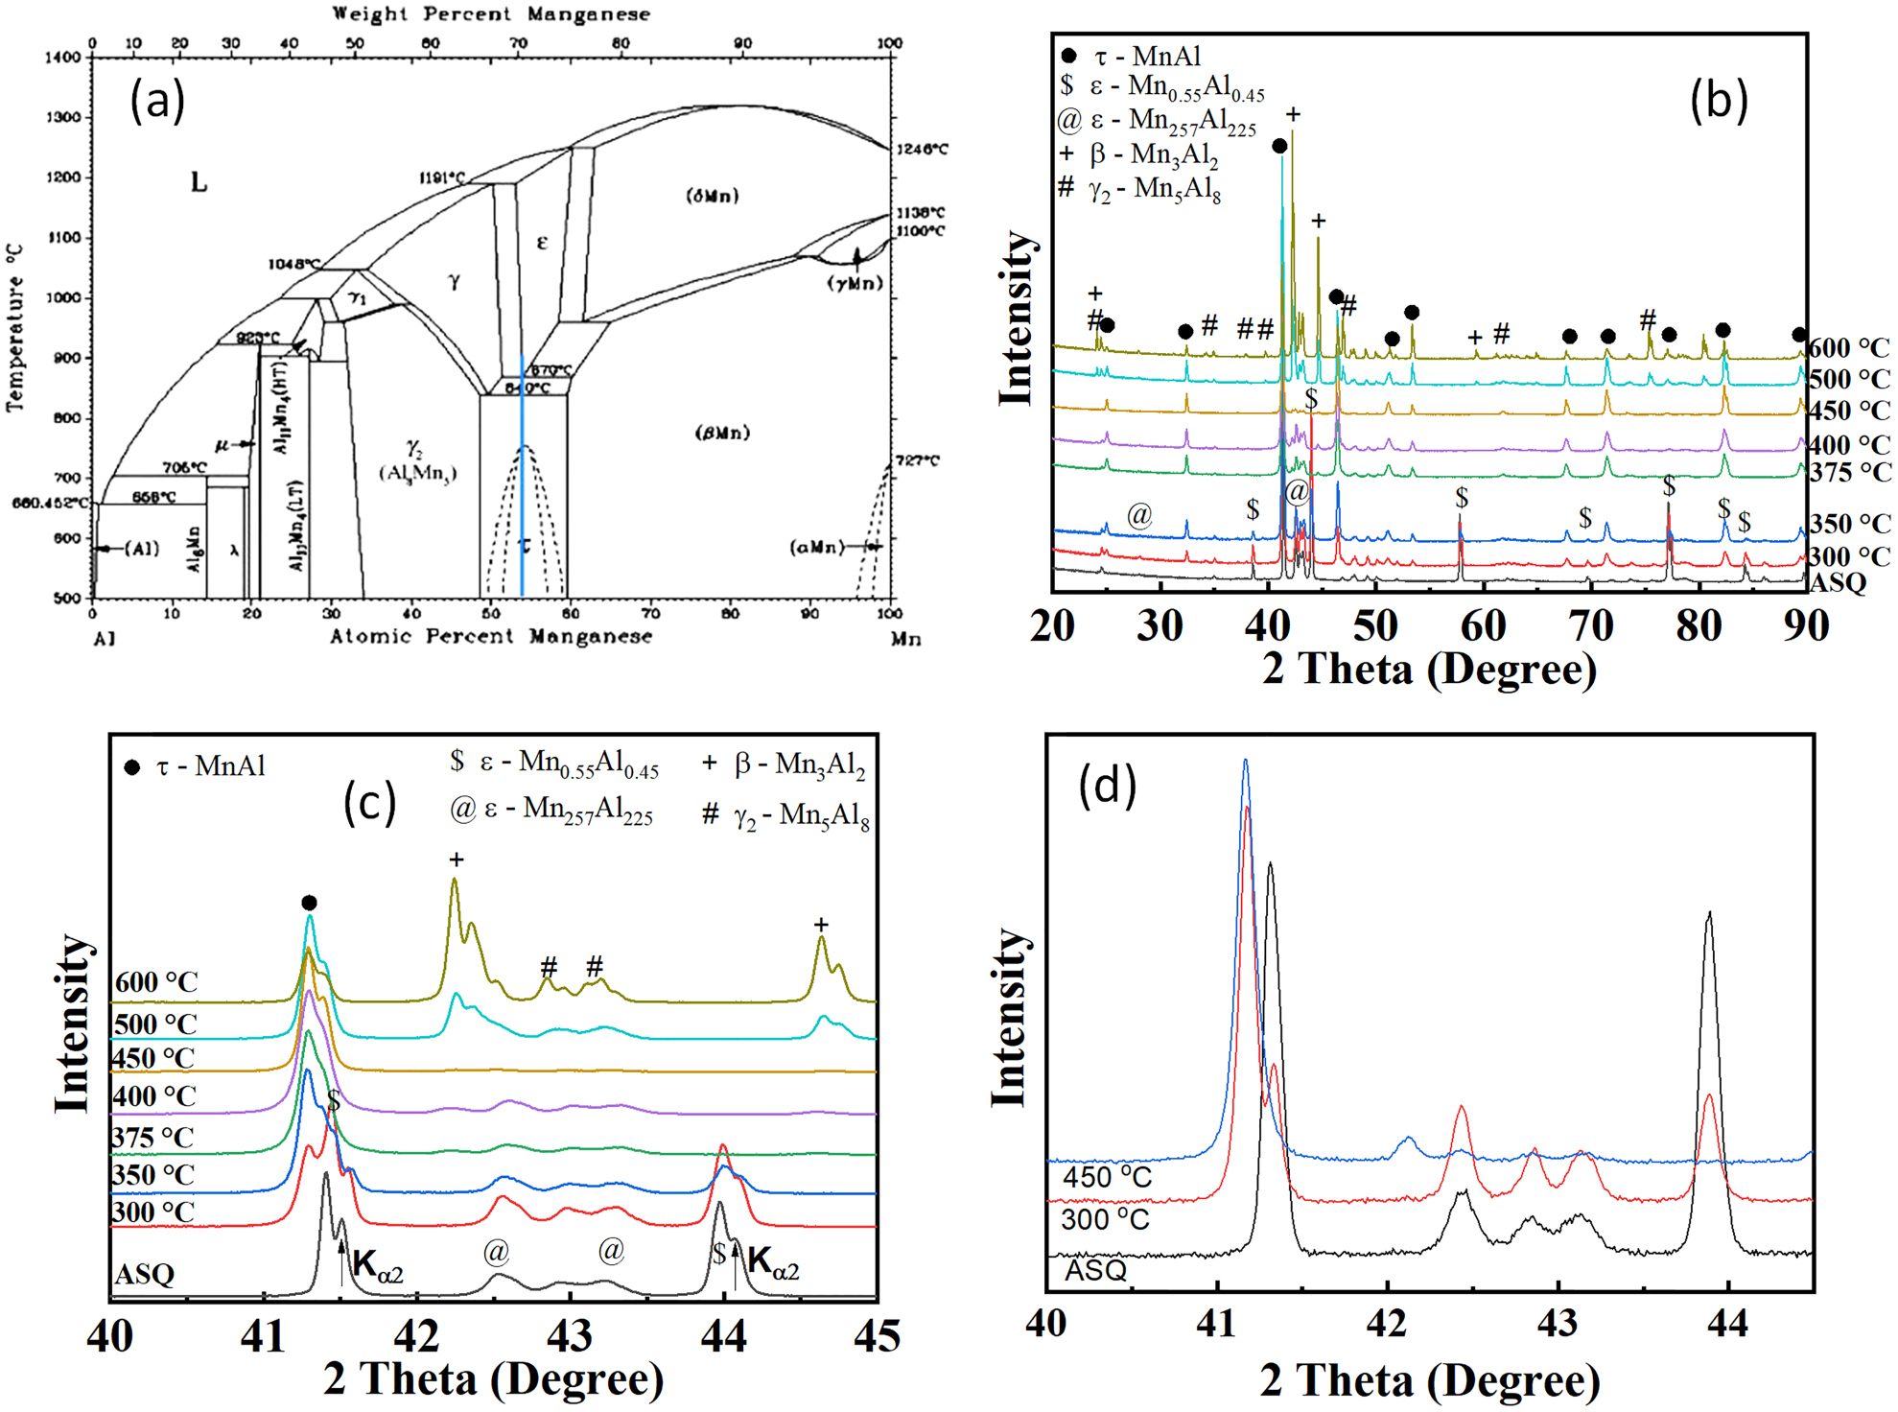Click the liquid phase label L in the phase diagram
tap(199, 182)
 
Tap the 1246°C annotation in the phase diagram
tap(922, 149)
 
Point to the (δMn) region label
tap(713, 196)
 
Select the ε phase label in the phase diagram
tap(542, 242)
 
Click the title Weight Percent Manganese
tap(491, 14)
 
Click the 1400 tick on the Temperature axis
tap(63, 58)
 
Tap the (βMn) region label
tap(722, 433)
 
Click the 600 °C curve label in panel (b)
tap(1848, 347)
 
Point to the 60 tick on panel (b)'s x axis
tap(1483, 625)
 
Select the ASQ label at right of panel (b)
tap(1838, 583)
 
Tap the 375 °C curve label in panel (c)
tap(152, 1138)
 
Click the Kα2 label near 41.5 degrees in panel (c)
tap(378, 1267)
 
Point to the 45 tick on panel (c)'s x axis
tap(876, 1336)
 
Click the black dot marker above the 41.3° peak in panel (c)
tap(309, 903)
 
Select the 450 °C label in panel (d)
tap(1107, 1177)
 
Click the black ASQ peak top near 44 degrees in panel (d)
tap(1709, 914)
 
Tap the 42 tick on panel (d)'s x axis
tap(1387, 1324)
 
